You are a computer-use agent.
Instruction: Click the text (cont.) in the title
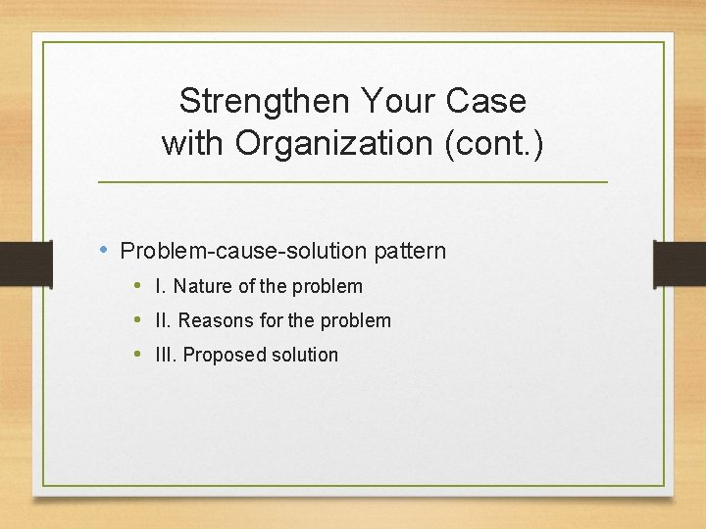point(494,143)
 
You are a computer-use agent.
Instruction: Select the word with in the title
point(192,143)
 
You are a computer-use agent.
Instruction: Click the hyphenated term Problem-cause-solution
point(244,251)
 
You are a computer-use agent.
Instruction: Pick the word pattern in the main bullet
point(409,251)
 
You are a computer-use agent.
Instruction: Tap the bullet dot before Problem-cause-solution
point(105,250)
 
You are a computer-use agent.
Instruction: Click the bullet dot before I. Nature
point(139,286)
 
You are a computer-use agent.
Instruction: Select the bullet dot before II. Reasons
point(139,320)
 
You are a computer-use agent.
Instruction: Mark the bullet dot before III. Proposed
point(139,355)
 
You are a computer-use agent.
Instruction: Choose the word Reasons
point(216,321)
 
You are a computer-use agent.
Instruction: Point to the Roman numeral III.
point(165,356)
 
